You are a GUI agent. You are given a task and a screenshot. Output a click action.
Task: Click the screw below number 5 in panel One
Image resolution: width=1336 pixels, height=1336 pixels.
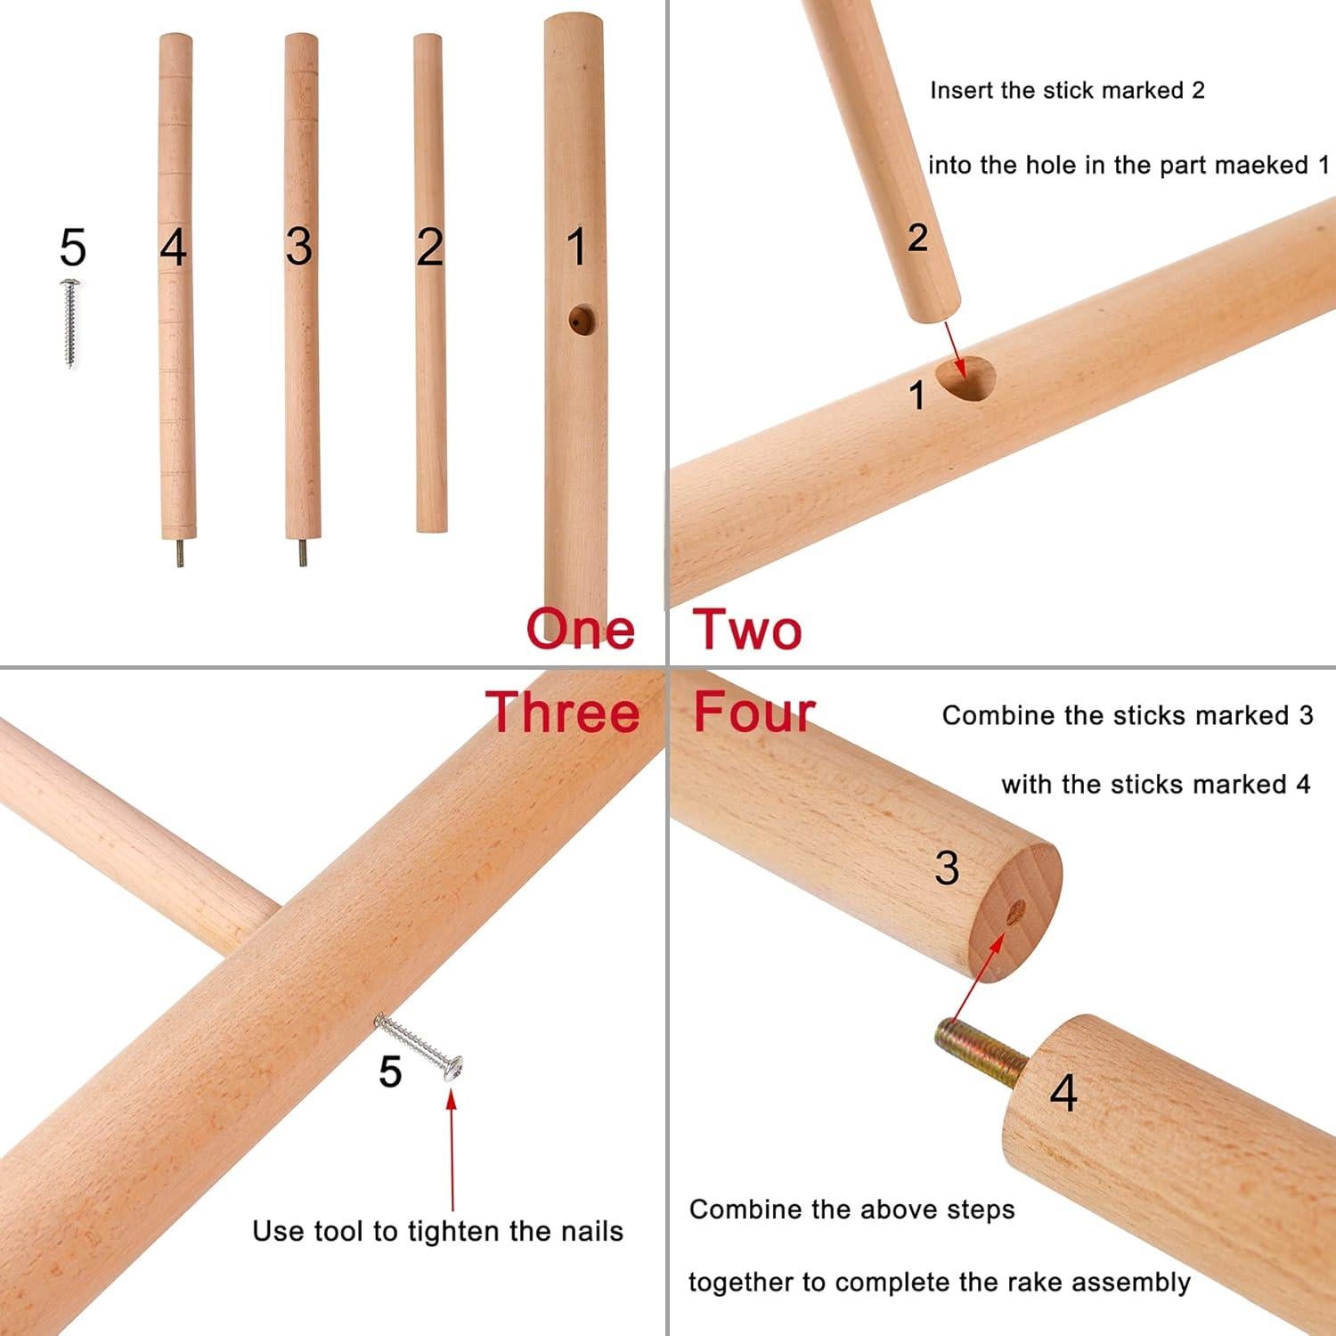tap(69, 322)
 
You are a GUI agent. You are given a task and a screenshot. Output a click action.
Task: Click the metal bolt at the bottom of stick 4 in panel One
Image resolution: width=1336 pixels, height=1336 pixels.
tap(179, 553)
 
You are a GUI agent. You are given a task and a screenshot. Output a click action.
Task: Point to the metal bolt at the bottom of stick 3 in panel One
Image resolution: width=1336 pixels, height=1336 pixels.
tap(302, 553)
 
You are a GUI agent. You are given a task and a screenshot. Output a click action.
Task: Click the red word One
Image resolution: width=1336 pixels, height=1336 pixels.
tap(581, 629)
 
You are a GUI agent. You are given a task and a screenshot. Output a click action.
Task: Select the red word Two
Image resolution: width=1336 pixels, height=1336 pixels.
tap(747, 629)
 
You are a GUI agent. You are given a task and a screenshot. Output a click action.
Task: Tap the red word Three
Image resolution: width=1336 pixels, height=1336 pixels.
tap(563, 713)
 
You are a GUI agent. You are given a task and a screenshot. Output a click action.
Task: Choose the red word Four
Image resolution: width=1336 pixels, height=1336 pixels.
tap(754, 713)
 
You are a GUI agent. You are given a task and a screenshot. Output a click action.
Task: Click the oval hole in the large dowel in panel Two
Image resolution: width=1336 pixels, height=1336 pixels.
tap(967, 379)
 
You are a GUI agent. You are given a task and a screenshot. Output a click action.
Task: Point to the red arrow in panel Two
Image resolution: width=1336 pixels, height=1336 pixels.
tap(954, 347)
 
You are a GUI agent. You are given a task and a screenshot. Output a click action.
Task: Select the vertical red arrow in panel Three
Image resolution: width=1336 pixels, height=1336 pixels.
tap(452, 1149)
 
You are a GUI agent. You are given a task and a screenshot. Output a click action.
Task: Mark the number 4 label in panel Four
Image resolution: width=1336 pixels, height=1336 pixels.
tap(1063, 1092)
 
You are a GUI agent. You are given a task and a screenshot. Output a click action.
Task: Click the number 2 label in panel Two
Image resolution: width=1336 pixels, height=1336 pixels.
tap(917, 238)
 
